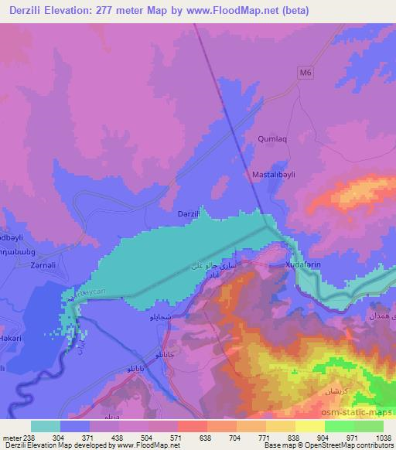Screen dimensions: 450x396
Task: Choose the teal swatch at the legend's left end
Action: pos(46,425)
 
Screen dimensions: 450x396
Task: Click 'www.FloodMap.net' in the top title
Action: pos(235,9)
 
